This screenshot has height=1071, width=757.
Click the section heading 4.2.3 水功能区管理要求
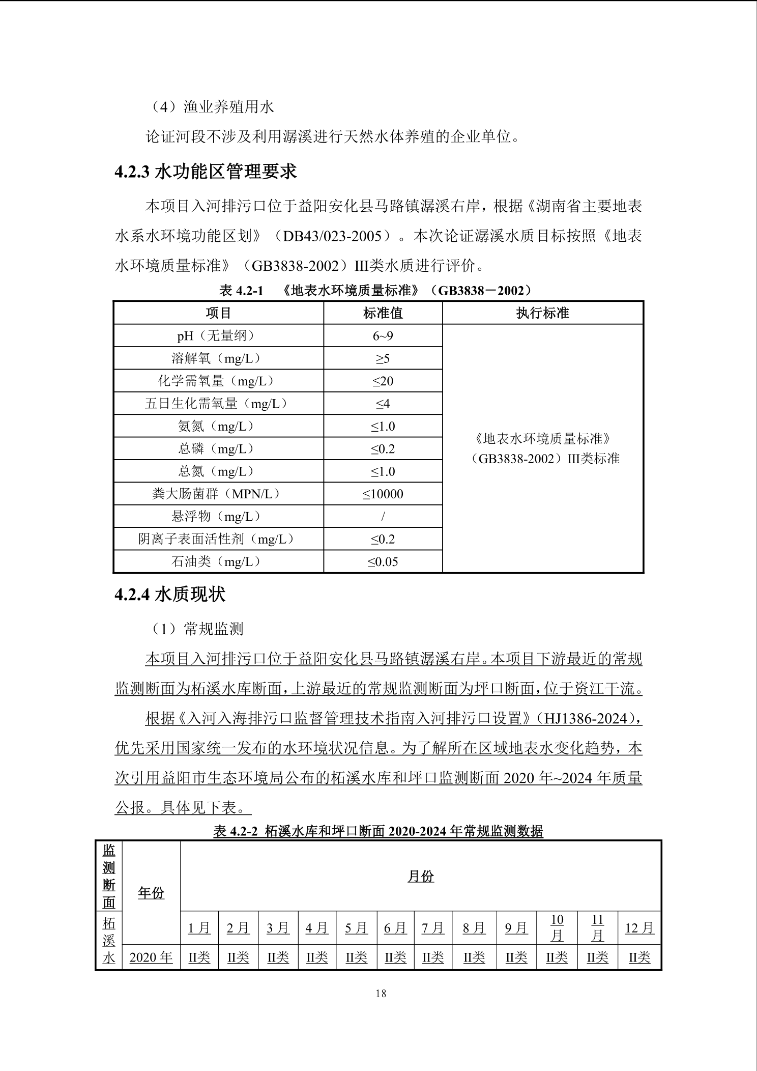click(206, 172)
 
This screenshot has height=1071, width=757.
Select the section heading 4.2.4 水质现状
click(170, 594)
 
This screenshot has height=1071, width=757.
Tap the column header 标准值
click(383, 313)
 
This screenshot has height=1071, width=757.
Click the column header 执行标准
click(542, 313)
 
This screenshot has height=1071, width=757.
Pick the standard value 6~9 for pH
click(383, 336)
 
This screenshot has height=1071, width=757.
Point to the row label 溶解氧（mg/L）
click(218, 358)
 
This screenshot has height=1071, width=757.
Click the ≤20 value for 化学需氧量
click(383, 381)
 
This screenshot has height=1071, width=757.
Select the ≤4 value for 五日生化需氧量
click(383, 404)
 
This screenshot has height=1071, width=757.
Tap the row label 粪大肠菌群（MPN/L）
click(218, 494)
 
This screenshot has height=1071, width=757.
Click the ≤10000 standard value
click(383, 494)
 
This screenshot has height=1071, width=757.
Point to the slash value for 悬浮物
click(383, 517)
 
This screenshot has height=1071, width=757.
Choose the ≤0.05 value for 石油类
click(383, 562)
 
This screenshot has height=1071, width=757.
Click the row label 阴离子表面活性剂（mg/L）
click(218, 539)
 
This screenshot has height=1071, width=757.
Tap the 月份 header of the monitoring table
click(420, 876)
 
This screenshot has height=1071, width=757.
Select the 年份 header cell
click(151, 893)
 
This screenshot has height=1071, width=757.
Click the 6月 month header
click(395, 928)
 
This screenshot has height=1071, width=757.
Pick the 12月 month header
click(639, 928)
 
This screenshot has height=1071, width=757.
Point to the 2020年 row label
click(151, 957)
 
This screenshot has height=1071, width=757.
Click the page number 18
click(381, 993)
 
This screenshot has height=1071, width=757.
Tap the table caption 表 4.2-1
click(241, 291)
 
